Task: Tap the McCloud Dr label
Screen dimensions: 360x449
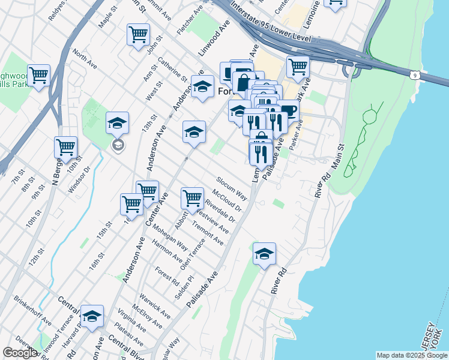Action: pos(227,200)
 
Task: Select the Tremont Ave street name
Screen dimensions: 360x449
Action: pos(208,234)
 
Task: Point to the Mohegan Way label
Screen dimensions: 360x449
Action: pos(167,238)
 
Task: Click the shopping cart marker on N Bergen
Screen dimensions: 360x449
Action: pos(65,146)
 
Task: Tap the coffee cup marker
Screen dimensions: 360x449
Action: pos(289,110)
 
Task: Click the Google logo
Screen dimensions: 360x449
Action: pos(20,353)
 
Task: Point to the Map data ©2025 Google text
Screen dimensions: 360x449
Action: pos(411,355)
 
